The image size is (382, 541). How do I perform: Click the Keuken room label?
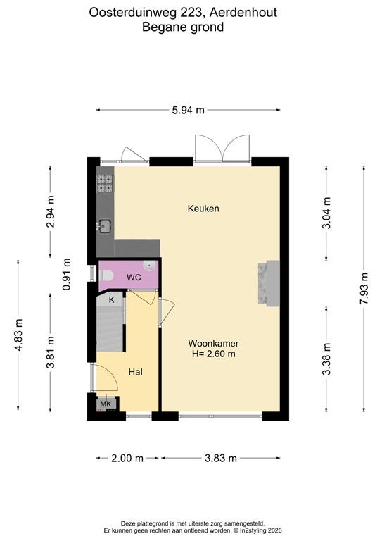point(203,209)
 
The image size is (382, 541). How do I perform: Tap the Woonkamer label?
point(213,343)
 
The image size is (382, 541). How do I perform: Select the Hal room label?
point(135,372)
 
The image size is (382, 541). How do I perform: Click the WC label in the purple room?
point(134,277)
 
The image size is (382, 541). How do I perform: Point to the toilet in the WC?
point(107,275)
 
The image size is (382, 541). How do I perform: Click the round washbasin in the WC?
point(149,266)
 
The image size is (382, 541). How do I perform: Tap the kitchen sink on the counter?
point(104,226)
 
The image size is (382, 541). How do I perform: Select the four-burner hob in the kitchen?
point(105,183)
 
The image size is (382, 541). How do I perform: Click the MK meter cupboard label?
point(106,404)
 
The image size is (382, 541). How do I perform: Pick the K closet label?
point(111,300)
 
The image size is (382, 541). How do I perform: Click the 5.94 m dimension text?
point(188,110)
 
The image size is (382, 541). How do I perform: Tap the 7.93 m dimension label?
point(364,288)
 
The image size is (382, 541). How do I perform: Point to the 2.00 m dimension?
point(127,458)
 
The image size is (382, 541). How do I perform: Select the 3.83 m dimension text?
point(221,458)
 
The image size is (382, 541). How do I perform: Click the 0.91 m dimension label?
point(67,274)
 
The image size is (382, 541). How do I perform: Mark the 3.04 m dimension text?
point(326,213)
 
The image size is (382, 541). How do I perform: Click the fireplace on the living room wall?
point(269,284)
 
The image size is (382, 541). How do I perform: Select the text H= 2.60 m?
point(213,354)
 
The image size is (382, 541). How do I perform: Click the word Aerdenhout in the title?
point(243,13)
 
